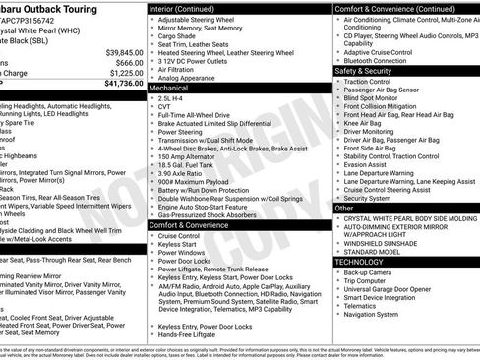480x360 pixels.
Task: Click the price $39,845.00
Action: pos(123,52)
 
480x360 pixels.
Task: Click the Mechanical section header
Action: pos(169,88)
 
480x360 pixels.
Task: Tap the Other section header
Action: pos(344,208)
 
